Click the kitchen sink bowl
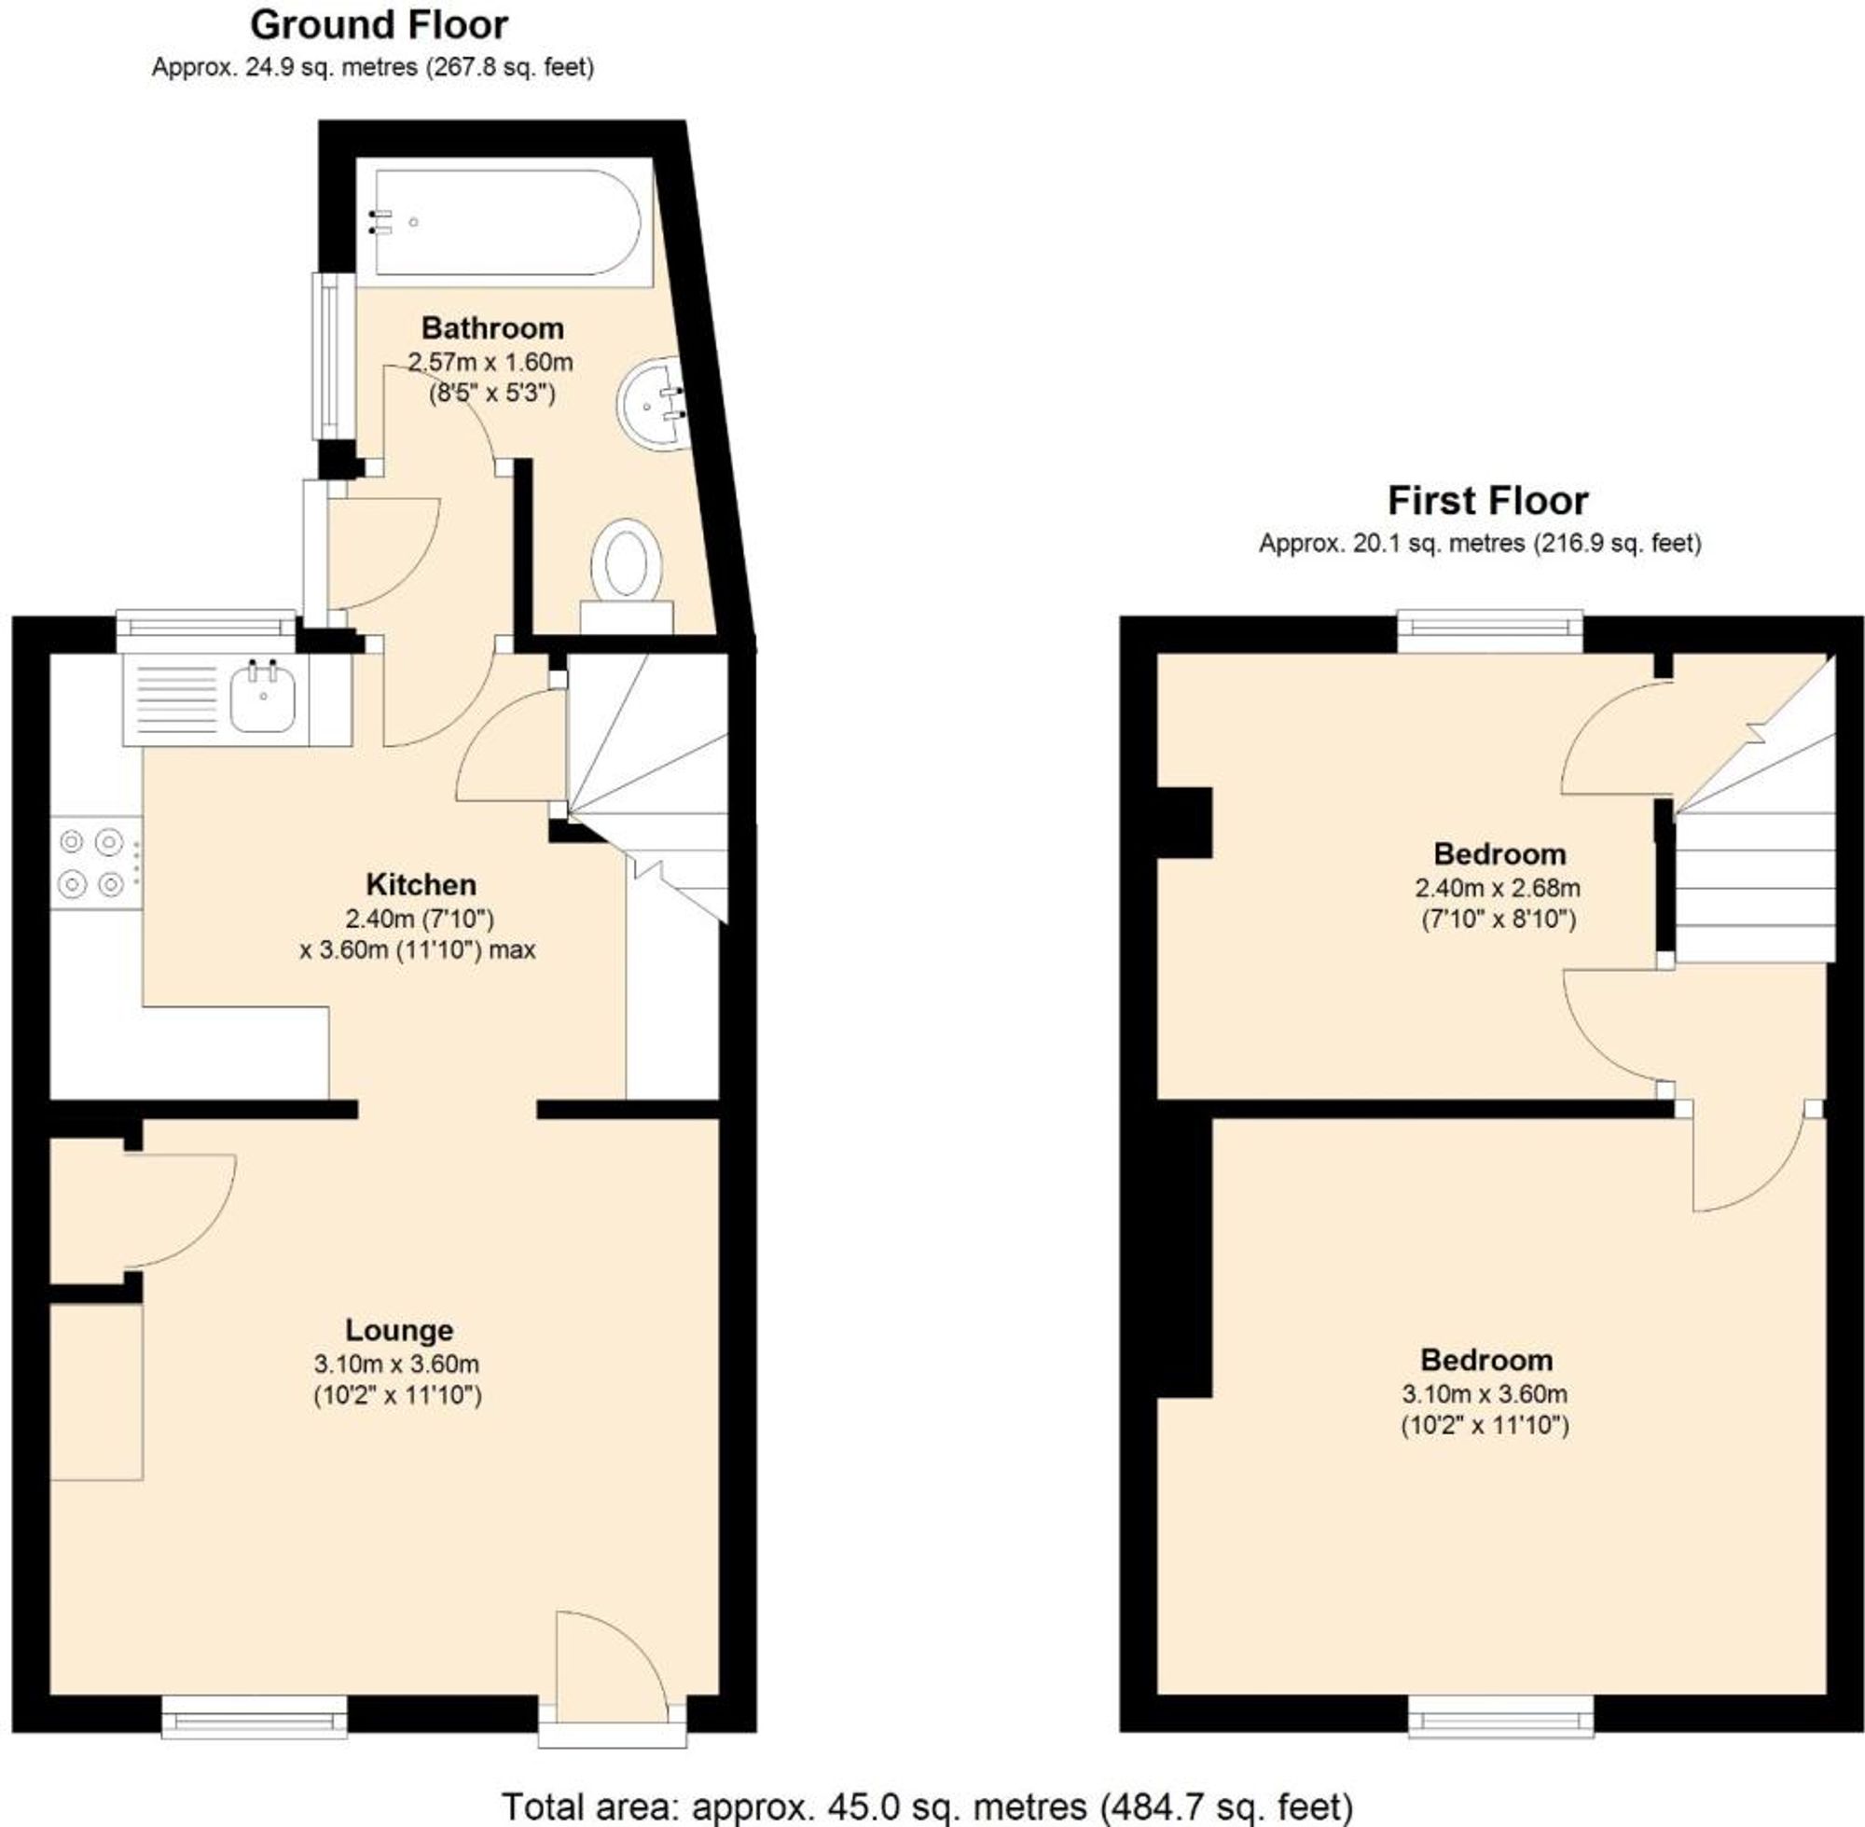tap(261, 699)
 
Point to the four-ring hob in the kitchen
tap(93, 861)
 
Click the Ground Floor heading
tap(379, 26)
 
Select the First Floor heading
tap(1487, 501)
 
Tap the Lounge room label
tap(399, 1330)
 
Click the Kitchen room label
tap(421, 884)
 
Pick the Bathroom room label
tap(492, 328)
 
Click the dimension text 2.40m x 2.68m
tap(1498, 888)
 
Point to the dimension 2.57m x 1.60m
tap(490, 363)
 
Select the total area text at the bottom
tap(927, 1806)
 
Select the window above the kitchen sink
tap(206, 629)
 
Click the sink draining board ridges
tap(178, 698)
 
